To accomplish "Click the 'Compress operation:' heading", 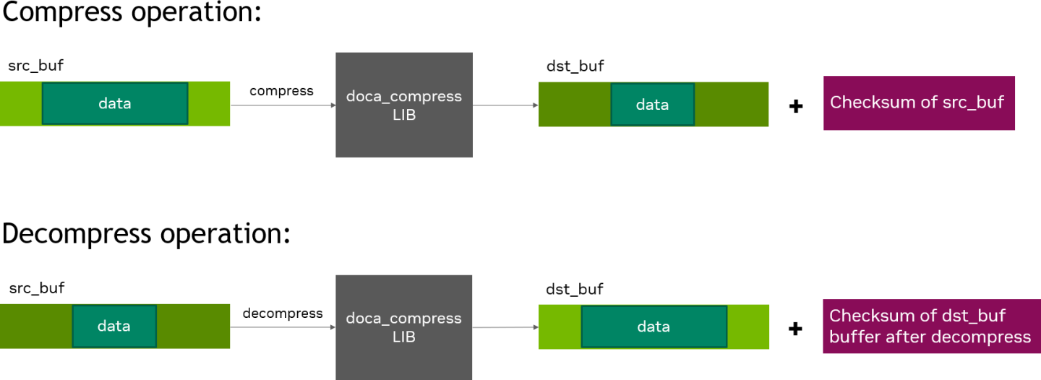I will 132,13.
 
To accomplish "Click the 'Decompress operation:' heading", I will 146,234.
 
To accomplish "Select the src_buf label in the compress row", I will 36,66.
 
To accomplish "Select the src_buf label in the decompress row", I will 36,288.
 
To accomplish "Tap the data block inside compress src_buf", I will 115,103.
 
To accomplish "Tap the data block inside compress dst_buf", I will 652,104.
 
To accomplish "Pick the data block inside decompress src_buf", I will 113,326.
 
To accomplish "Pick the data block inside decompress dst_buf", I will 654,327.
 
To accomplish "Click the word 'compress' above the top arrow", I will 281,91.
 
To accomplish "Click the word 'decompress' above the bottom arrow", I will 283,313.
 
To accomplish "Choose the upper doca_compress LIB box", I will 403,105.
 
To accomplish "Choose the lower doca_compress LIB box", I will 403,327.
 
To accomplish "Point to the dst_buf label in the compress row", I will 575,66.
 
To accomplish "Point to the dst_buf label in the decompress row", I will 575,289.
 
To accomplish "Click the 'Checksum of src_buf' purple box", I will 918,103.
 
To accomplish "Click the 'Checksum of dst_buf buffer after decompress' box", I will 931,327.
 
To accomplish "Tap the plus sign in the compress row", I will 796,107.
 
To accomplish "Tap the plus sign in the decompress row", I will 796,329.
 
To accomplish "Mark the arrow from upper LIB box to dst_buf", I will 505,105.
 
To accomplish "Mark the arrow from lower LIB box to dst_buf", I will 505,327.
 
